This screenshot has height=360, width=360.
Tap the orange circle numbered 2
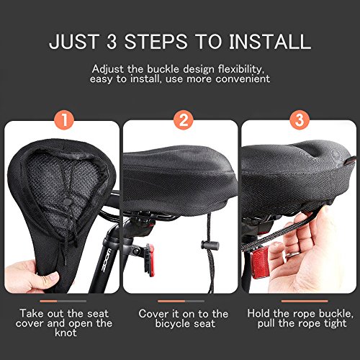tap(180, 121)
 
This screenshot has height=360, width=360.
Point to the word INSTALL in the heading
tap(271, 40)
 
